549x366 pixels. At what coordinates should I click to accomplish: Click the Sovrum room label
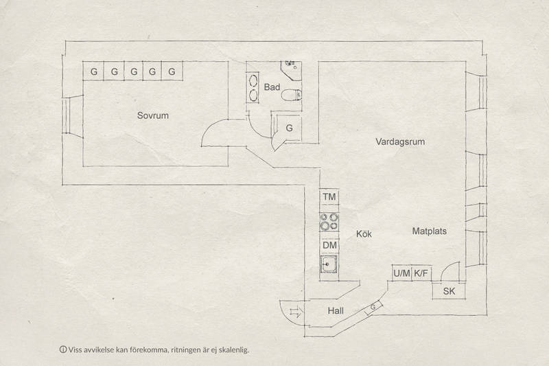pos(152,115)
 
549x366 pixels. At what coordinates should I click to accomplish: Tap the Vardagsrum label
pos(400,142)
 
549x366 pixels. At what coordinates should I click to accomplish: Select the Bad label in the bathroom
pos(272,87)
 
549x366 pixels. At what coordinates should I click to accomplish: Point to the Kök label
pos(364,233)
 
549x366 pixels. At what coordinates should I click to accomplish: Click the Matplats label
pos(430,231)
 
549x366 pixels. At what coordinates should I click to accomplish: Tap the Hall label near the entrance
pos(336,310)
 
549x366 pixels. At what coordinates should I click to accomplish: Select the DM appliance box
pos(329,246)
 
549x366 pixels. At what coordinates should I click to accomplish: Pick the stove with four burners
pos(329,222)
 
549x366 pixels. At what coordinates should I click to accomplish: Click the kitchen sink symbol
pos(329,264)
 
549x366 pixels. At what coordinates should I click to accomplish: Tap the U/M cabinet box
pos(401,273)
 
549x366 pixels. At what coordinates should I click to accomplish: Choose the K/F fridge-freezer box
pos(421,273)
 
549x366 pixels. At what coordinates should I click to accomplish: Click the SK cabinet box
pos(449,291)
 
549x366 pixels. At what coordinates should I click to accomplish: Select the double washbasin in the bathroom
pos(252,88)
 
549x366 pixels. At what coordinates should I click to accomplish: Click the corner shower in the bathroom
pos(291,71)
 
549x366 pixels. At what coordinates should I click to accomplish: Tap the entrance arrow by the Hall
pos(295,311)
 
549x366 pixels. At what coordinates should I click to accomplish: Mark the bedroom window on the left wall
pos(66,115)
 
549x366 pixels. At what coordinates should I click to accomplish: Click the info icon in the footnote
pos(63,350)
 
